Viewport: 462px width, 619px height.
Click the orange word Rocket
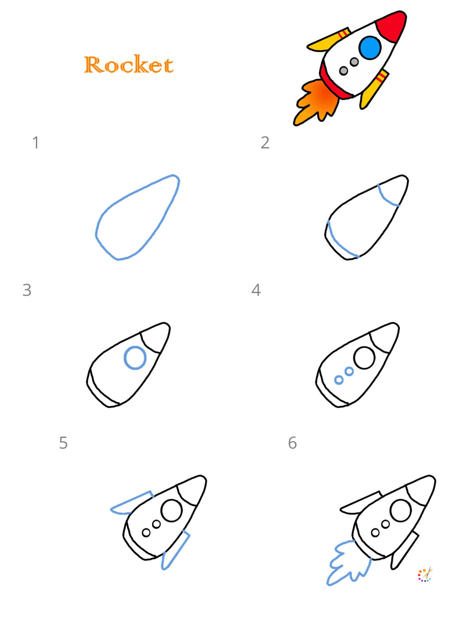pos(129,65)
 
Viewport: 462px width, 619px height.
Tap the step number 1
pos(36,143)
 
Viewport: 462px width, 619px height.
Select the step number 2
pos(265,143)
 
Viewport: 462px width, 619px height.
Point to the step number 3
pos(27,290)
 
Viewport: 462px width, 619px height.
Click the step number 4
pos(256,290)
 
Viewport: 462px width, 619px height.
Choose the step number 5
pos(63,443)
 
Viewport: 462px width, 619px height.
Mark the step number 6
pos(292,443)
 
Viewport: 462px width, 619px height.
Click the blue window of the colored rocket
pos(370,48)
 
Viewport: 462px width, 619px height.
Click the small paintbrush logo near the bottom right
pos(425,575)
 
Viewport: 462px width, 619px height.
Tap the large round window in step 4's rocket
pos(364,358)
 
